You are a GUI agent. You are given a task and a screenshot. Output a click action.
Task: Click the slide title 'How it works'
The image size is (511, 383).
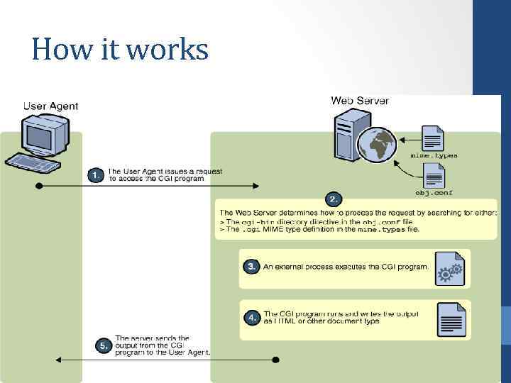pyautogui.click(x=120, y=50)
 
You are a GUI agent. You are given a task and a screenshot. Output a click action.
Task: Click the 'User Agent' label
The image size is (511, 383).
pyautogui.click(x=51, y=106)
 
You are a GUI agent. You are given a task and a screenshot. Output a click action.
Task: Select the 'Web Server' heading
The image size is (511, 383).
pyautogui.click(x=360, y=101)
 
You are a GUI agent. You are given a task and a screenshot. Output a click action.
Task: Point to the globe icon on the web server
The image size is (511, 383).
pyautogui.click(x=377, y=145)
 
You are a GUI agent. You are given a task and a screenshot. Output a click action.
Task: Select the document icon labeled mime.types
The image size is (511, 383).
pyautogui.click(x=432, y=137)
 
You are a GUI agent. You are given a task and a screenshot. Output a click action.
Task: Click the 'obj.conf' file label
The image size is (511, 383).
pyautogui.click(x=434, y=192)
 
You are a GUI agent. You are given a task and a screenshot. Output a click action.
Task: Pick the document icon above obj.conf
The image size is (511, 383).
pyautogui.click(x=434, y=174)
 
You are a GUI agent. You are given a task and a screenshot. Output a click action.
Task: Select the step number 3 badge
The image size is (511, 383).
pyautogui.click(x=251, y=267)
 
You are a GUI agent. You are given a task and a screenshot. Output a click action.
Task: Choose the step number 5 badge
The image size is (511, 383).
pyautogui.click(x=104, y=345)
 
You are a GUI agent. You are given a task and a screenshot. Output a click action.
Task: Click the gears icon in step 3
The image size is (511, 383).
pyautogui.click(x=449, y=270)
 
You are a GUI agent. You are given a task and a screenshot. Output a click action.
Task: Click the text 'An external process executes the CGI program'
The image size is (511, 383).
pyautogui.click(x=346, y=267)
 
